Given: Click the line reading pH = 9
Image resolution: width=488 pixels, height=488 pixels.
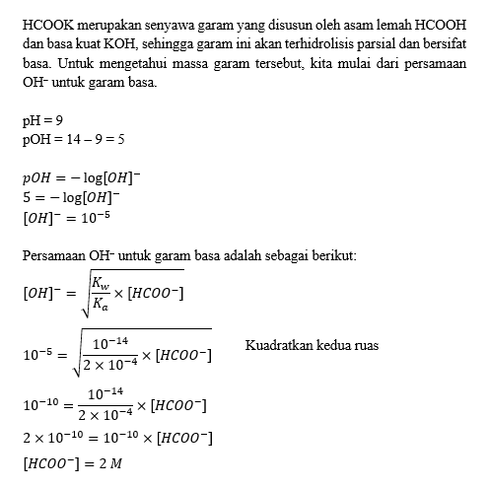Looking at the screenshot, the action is point(42,120).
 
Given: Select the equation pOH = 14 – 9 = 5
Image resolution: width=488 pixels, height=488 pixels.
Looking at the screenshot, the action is point(73,139).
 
